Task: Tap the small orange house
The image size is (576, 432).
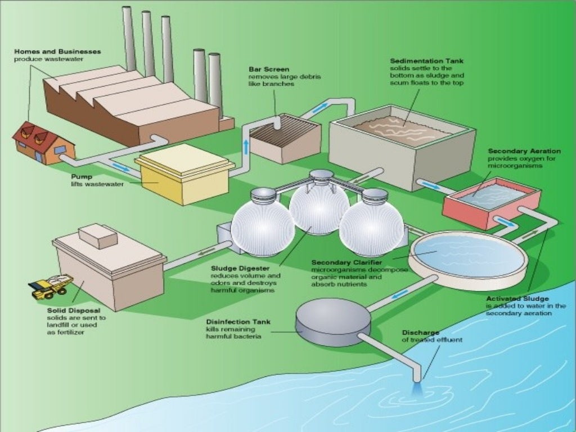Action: tap(43, 143)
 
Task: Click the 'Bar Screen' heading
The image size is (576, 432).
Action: tap(269, 70)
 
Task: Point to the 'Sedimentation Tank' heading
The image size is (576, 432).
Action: tap(426, 61)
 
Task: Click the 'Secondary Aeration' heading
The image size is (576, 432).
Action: tap(524, 151)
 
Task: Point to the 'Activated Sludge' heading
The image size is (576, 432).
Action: tap(517, 299)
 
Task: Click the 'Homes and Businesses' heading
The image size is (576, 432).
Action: tap(58, 51)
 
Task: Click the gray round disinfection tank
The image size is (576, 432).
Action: tap(333, 322)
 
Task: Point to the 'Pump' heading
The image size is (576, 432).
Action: tap(81, 176)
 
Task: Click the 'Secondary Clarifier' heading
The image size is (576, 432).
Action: tap(346, 263)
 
